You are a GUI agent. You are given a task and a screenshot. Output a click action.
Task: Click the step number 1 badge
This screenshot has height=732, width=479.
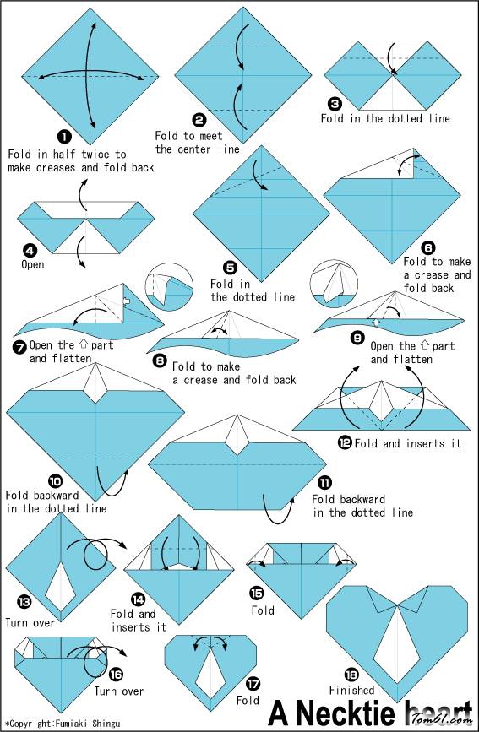[64, 136]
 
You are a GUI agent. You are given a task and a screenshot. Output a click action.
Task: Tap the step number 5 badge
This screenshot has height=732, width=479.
[230, 268]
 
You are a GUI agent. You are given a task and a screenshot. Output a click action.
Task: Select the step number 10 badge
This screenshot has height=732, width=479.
[55, 481]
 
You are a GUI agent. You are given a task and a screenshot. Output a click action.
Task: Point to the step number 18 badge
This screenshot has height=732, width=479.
[351, 675]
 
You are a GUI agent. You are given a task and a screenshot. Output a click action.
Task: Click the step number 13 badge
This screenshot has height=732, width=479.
[24, 602]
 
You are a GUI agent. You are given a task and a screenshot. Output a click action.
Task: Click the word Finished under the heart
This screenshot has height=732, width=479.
[352, 690]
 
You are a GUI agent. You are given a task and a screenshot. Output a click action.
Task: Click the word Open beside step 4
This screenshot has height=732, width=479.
[33, 265]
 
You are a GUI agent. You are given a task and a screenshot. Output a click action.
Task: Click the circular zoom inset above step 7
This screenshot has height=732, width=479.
[169, 287]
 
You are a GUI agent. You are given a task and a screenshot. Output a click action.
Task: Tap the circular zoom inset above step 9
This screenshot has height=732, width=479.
[335, 284]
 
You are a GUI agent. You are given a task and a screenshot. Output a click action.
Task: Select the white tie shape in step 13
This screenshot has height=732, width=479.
[61, 584]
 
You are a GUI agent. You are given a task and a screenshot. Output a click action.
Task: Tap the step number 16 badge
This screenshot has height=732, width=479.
[116, 675]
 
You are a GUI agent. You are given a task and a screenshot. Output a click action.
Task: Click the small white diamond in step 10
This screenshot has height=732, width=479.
[95, 378]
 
